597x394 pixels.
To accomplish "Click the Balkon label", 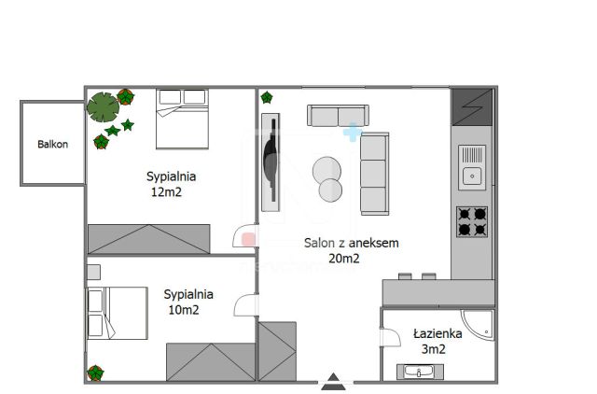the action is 52,144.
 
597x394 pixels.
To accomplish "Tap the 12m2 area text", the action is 166,192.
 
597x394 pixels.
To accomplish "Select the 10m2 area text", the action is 184,310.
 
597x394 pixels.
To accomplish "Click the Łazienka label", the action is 437,334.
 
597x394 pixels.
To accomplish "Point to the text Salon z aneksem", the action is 352,243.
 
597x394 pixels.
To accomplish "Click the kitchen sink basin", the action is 472,176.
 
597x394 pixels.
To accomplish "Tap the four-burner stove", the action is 472,222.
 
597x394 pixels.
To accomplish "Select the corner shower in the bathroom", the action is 479,325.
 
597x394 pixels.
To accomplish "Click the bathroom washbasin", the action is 420,372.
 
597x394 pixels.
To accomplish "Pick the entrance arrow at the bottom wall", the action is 334,382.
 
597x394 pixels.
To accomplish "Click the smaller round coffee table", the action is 330,190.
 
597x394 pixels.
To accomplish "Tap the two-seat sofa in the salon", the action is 338,116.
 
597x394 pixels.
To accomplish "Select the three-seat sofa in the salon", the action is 375,174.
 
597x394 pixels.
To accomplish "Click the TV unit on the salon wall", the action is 271,162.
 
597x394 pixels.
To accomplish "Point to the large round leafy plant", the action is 103,107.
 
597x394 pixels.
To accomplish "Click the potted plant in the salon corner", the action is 267,97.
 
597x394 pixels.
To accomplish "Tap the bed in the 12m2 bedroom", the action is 183,119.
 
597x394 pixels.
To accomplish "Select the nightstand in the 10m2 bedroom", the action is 93,272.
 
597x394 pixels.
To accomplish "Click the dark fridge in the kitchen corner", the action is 472,107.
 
